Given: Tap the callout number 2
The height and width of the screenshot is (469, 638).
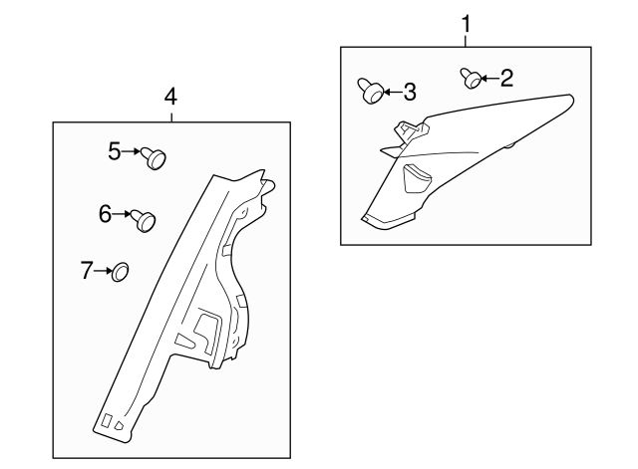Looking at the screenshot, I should point(506,78).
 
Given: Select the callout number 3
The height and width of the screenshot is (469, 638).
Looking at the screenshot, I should point(409,93).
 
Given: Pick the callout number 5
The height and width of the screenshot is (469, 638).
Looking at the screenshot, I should point(115,150).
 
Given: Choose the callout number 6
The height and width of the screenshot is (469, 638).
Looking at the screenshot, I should point(105,212).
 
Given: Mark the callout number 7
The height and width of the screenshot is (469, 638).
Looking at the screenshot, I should point(87,269).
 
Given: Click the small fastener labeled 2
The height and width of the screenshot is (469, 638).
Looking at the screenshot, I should point(469,76).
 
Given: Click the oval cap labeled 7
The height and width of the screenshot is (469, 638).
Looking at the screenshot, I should point(121,271).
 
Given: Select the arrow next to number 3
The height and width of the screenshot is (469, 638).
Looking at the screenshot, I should point(392,93).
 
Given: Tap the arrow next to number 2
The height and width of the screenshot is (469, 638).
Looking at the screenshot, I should point(487,78).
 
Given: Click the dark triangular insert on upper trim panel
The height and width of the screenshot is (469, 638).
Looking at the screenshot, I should point(416,178).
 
